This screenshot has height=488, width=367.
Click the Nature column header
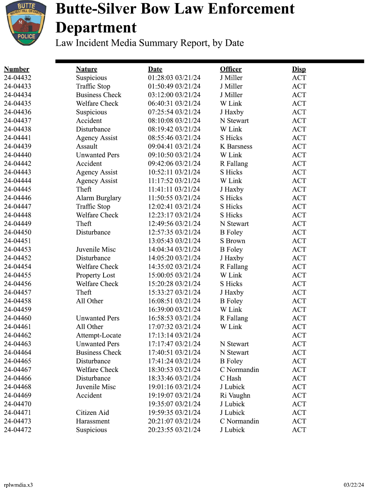pyautogui.click(x=87, y=69)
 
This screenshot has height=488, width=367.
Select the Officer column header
pyautogui.click(x=231, y=69)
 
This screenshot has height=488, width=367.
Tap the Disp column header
pyautogui.click(x=299, y=69)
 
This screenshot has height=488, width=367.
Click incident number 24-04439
pyautogui.click(x=18, y=146)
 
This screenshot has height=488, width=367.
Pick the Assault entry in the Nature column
pyautogui.click(x=87, y=146)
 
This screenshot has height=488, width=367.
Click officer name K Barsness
pyautogui.click(x=236, y=146)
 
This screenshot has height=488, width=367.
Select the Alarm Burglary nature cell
pyautogui.click(x=99, y=198)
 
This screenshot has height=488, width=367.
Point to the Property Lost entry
pyautogui.click(x=95, y=275)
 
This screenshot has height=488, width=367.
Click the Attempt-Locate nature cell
pyautogui.click(x=99, y=335)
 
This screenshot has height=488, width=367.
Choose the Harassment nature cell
pyautogui.click(x=93, y=421)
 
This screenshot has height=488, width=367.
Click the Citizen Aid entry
pyautogui.click(x=92, y=413)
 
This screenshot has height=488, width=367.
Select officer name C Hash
pyautogui.click(x=230, y=378)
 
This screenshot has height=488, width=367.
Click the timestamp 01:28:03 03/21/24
pyautogui.click(x=174, y=78)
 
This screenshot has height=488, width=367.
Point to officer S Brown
pyautogui.click(x=233, y=241)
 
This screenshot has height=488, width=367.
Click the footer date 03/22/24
pyautogui.click(x=353, y=485)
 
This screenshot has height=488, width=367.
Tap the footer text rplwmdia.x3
pyautogui.click(x=18, y=485)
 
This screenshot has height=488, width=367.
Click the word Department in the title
pyautogui.click(x=96, y=28)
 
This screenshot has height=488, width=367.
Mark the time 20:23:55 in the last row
pyautogui.click(x=160, y=430)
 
